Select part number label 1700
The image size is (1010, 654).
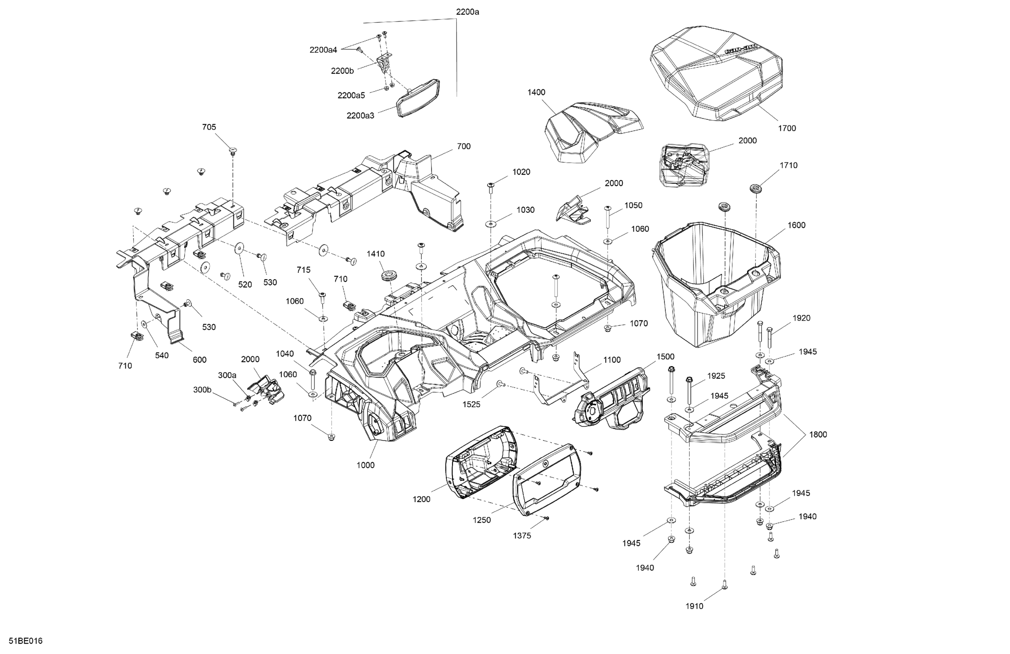pos(787,128)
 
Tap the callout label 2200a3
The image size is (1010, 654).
pos(360,115)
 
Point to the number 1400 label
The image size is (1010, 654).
pos(536,93)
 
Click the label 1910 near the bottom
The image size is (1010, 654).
pos(694,606)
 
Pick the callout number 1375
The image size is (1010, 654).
pos(522,536)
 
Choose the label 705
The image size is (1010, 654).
pos(209,127)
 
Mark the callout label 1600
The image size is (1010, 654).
pos(796,225)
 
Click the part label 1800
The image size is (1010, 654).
pos(818,434)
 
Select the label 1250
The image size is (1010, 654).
pos(482,520)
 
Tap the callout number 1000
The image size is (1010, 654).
pos(365,465)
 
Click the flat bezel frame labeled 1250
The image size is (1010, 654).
pos(545,480)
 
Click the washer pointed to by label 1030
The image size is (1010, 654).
pos(491,224)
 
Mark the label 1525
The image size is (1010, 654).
pos(471,405)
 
